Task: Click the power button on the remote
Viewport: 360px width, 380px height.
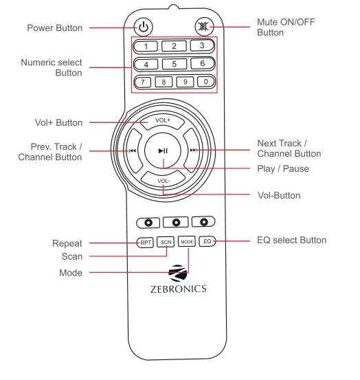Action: tap(142, 27)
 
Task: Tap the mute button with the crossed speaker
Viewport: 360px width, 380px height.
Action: tap(204, 27)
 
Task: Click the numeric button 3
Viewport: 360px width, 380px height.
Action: tap(201, 47)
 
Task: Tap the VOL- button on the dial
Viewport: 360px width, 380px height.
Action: tap(163, 182)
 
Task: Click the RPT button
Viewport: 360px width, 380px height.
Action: tap(144, 242)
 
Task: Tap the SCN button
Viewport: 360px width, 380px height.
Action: tap(165, 242)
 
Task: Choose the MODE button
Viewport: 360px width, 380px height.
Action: tap(187, 242)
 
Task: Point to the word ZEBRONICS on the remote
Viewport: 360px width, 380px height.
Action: tap(177, 289)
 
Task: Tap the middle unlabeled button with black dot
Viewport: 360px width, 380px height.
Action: tap(175, 222)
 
